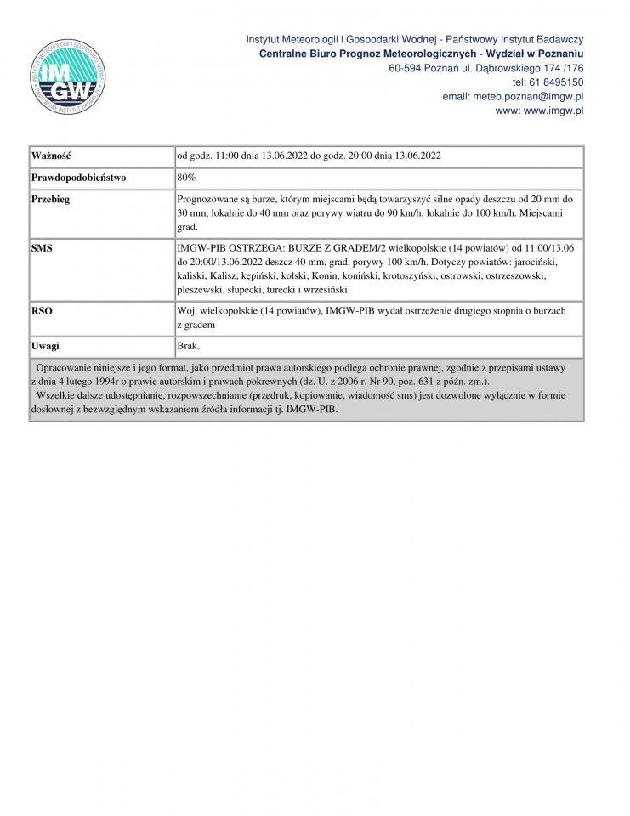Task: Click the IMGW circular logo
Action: tap(69, 76)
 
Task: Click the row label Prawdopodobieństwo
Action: tap(78, 178)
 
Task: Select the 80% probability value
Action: tap(186, 178)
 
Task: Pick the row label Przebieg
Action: tap(51, 200)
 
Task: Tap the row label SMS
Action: tap(42, 247)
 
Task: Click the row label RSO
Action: tap(42, 311)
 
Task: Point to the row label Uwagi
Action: tap(45, 347)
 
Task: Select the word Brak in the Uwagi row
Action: tap(188, 347)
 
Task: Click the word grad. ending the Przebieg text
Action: tap(188, 228)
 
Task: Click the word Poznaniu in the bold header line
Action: tap(558, 54)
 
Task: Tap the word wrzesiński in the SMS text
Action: tap(314, 290)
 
